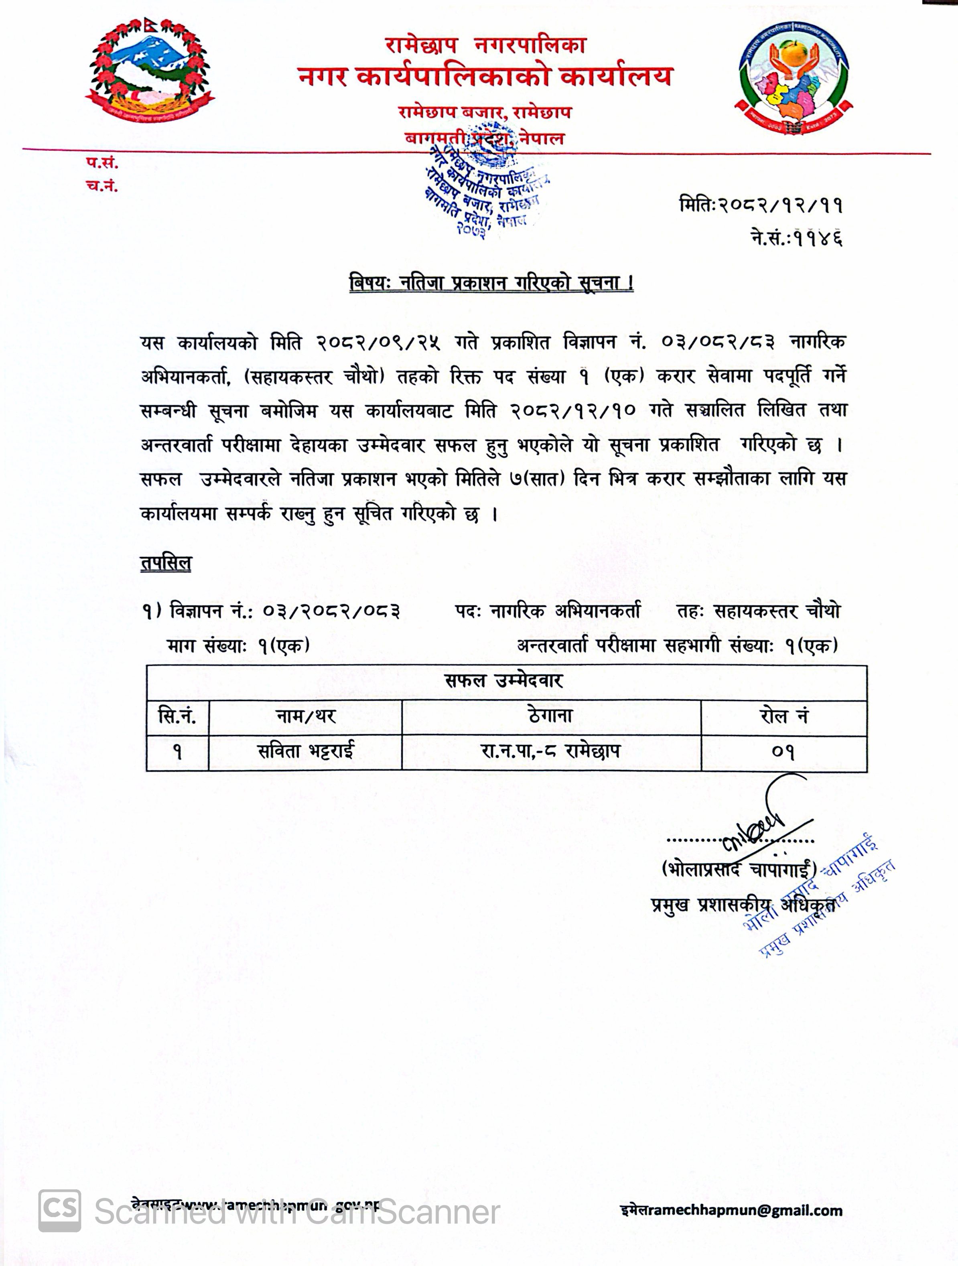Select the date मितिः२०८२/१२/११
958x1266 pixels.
(761, 205)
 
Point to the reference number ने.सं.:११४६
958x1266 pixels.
(797, 237)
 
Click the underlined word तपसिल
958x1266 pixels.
(165, 563)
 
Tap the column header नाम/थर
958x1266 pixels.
(305, 716)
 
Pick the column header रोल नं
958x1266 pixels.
(783, 716)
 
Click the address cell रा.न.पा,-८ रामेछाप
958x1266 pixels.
(550, 751)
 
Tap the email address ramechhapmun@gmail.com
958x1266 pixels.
(731, 1211)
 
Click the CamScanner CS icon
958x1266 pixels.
(59, 1211)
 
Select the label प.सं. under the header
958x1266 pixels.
(102, 163)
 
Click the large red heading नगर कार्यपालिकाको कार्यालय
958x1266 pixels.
(485, 77)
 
